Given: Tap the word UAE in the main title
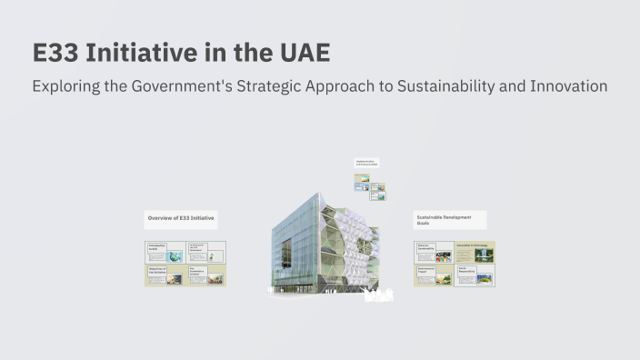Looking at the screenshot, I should (301, 53).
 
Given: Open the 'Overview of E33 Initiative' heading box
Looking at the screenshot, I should (182, 219).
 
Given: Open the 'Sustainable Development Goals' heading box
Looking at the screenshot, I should (449, 220).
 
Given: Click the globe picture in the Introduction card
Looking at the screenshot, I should (174, 257).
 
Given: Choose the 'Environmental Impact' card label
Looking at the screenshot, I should (427, 270).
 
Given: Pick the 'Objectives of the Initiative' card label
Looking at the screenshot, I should (158, 270).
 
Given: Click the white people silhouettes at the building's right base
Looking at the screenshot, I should (376, 295).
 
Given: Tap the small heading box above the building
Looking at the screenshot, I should (367, 163).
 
